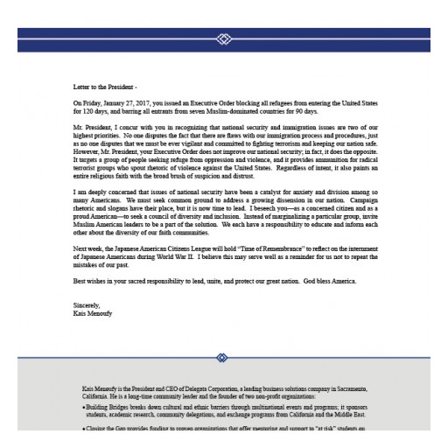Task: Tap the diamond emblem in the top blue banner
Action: click(223, 39)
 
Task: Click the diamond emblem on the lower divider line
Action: click(223, 357)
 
